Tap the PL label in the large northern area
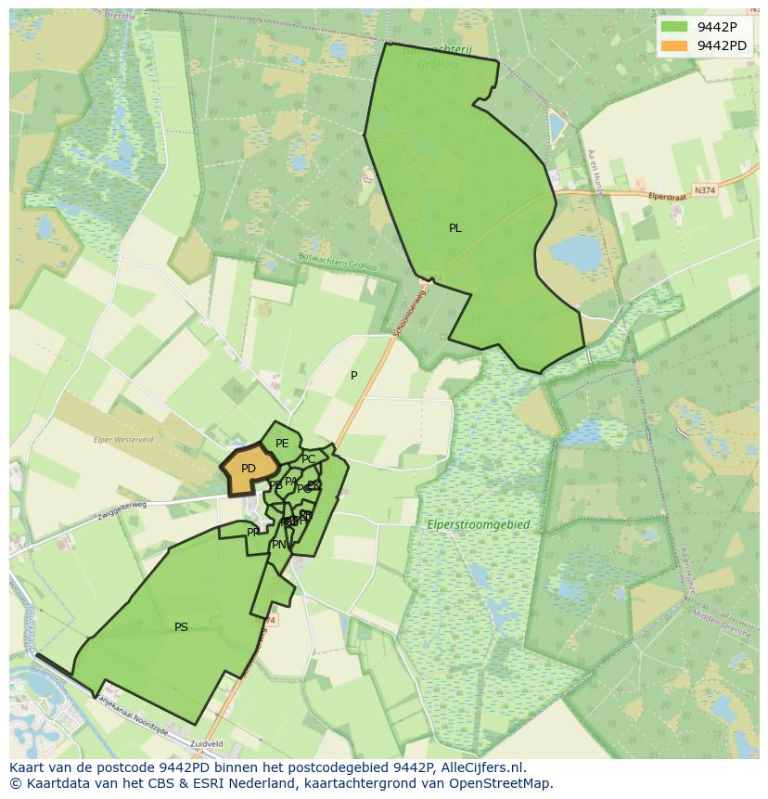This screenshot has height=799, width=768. click(454, 228)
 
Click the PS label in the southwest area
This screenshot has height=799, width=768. click(181, 627)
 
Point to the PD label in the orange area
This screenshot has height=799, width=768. click(248, 469)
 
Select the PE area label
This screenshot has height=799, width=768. click(282, 444)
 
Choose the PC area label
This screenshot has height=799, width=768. click(308, 459)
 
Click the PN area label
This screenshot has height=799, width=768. click(278, 545)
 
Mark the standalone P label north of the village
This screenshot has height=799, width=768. click(353, 376)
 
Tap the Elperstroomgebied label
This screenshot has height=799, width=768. click(479, 525)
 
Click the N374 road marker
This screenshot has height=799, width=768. click(705, 190)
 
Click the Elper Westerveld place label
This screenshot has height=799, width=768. click(125, 439)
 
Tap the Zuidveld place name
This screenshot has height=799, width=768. click(208, 743)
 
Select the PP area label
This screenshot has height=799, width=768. click(253, 533)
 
